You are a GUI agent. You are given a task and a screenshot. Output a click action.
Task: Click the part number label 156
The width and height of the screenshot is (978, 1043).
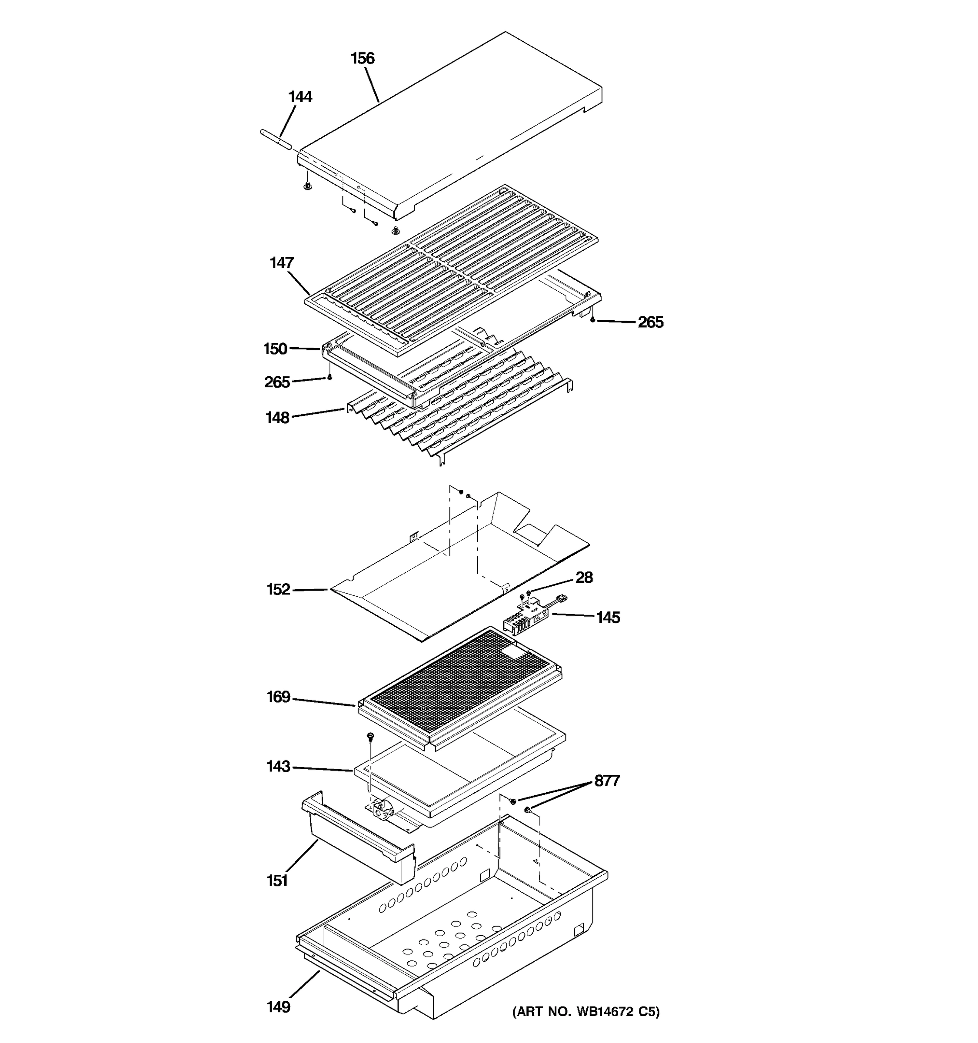point(363,58)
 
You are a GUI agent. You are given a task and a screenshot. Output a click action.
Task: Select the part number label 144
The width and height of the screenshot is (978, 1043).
point(300,97)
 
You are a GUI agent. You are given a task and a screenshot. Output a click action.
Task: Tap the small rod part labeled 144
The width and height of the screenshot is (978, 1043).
point(276,141)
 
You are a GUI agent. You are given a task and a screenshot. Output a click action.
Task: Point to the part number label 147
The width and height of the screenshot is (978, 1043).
point(282,263)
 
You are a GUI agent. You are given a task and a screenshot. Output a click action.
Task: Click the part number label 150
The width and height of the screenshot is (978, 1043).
point(275,349)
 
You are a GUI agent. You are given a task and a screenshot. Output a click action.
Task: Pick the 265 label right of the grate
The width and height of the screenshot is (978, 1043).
point(651,322)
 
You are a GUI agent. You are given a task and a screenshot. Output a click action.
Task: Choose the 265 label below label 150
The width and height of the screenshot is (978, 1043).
point(277,382)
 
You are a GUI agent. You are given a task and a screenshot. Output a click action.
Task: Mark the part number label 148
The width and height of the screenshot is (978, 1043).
point(277,418)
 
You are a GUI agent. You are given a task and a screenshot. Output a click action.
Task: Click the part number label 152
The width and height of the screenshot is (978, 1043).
point(278,590)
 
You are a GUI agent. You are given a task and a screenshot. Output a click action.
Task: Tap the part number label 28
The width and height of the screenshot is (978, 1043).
point(584,578)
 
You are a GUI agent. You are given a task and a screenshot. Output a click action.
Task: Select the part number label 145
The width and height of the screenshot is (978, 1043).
point(608,618)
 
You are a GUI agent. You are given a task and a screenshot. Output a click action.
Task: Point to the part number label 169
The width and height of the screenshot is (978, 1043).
point(278,697)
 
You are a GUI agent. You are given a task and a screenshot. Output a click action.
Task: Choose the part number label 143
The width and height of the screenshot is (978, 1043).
point(278,767)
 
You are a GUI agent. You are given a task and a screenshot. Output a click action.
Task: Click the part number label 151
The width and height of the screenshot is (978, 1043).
point(277,881)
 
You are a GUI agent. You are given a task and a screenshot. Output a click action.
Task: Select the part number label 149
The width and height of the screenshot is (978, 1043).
point(278,1007)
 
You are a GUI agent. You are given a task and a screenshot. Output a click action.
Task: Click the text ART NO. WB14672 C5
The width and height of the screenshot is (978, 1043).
point(585,1012)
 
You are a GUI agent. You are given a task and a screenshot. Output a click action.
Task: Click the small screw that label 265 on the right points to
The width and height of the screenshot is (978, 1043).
point(593,319)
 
